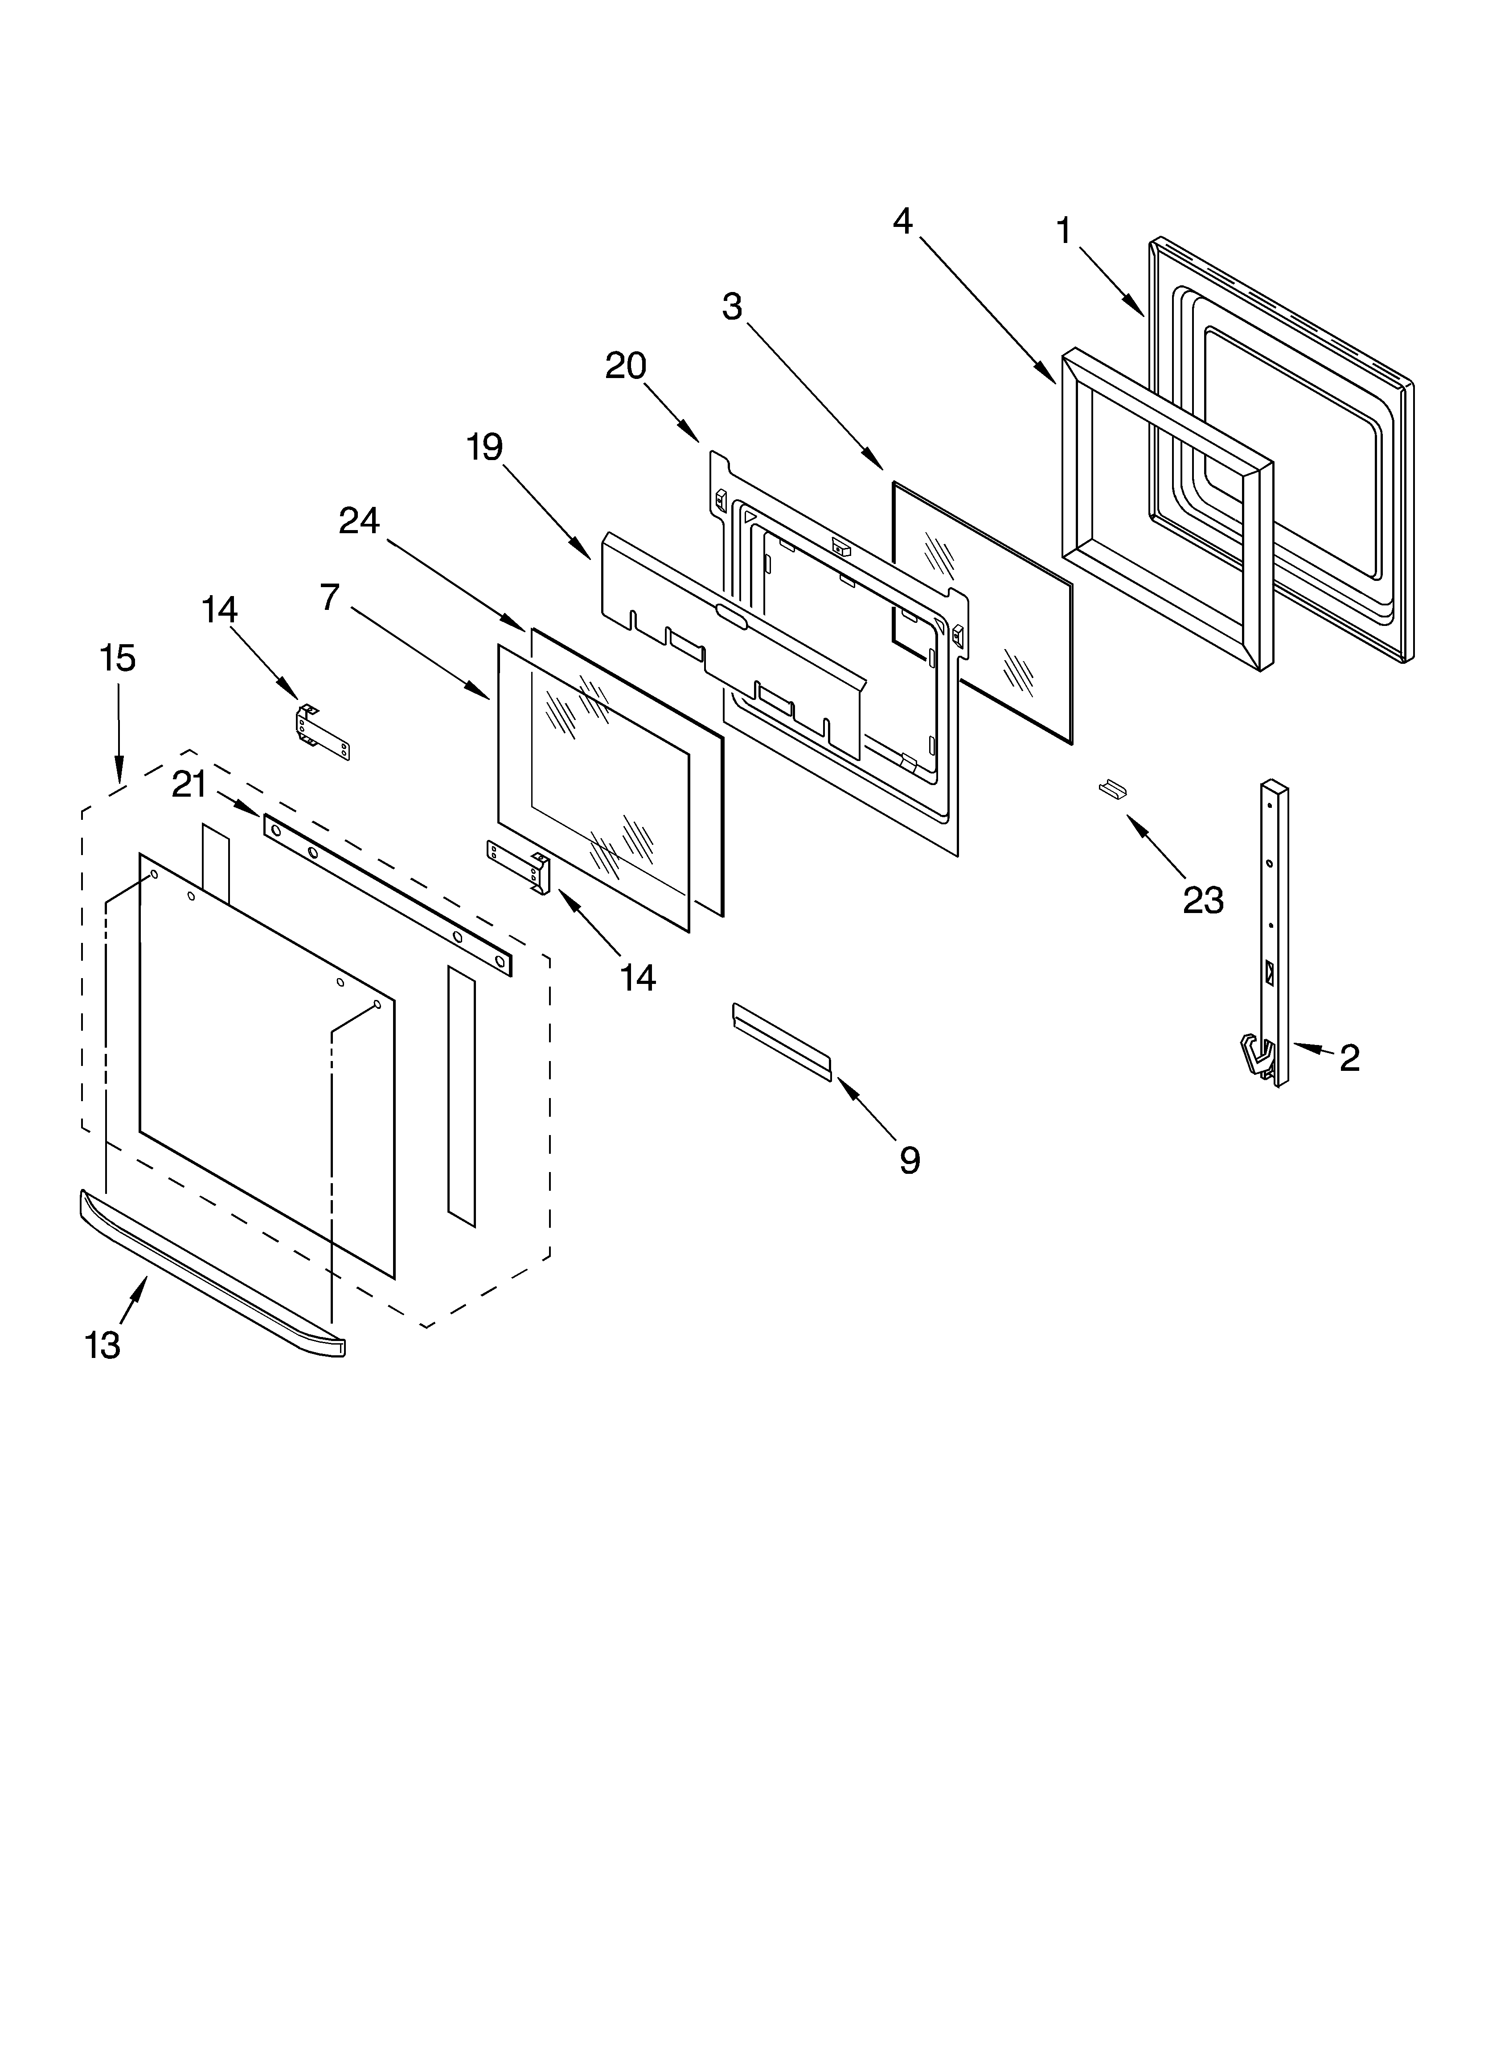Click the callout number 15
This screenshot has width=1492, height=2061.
coord(117,658)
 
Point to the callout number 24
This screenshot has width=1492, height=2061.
coord(359,521)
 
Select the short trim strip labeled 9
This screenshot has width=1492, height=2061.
coord(782,1041)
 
